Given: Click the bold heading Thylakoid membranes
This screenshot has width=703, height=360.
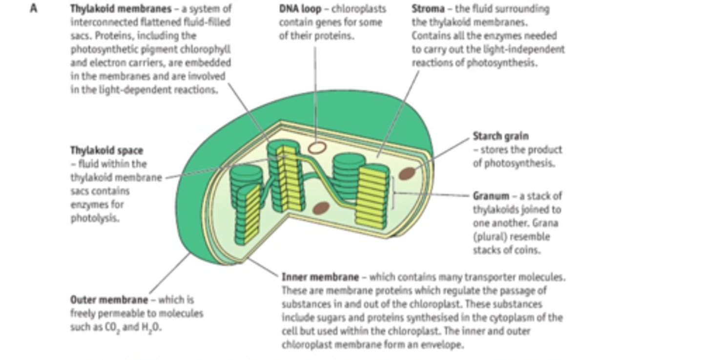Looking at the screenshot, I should (121, 9).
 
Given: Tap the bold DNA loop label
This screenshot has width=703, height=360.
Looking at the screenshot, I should (300, 9).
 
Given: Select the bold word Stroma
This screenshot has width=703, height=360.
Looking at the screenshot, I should (428, 9).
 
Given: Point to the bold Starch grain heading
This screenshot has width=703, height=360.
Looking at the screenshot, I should (500, 136).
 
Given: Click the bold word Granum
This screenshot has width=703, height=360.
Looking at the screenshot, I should (491, 196).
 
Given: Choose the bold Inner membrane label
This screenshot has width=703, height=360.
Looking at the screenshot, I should (320, 277).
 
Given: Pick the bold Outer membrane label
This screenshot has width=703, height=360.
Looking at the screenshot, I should (109, 300).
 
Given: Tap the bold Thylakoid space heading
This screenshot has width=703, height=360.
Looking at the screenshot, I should (106, 150).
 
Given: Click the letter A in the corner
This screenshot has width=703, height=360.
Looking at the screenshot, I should (33, 8).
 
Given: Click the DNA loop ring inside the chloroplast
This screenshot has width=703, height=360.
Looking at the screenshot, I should (318, 147).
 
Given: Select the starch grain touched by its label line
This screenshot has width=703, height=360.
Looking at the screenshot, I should (407, 173).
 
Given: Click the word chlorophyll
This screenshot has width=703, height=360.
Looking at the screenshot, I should (208, 49).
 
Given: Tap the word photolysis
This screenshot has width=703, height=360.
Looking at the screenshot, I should (95, 218).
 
